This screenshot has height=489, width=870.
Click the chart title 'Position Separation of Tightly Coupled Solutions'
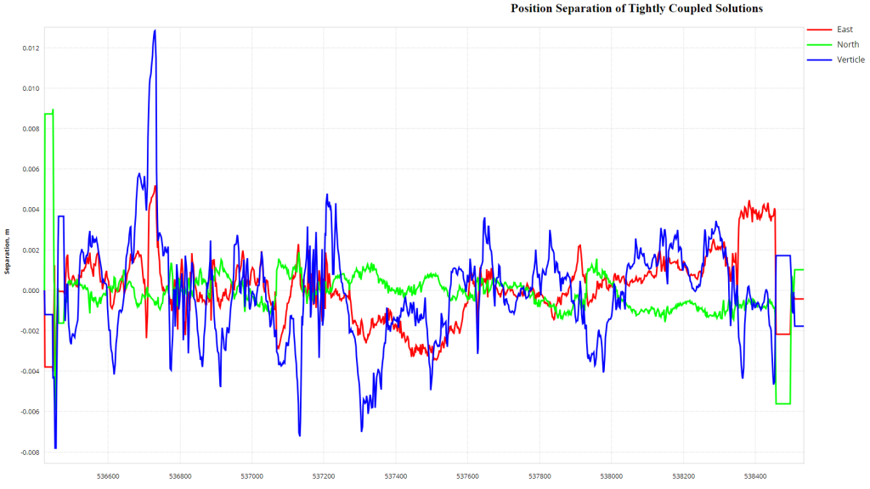coord(636,8)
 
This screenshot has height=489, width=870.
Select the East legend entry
coord(845,30)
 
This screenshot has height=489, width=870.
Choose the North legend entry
coord(847,45)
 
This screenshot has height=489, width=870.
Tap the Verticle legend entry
coord(850,59)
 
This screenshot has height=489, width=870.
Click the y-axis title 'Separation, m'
coord(8,251)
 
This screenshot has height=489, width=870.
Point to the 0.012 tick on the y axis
coord(30,48)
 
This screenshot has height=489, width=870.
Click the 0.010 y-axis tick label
coord(30,88)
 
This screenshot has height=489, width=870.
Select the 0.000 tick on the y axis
coord(30,291)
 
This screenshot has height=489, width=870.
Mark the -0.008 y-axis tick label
coord(29,452)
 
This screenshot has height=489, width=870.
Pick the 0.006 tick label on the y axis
coord(30,170)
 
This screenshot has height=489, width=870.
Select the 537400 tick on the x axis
coord(396,477)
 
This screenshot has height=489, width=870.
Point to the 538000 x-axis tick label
coord(612,477)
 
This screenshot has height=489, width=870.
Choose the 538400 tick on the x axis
coord(755,477)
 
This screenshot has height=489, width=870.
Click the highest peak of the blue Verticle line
coord(155,31)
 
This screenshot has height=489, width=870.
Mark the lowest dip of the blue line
coord(56,447)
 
